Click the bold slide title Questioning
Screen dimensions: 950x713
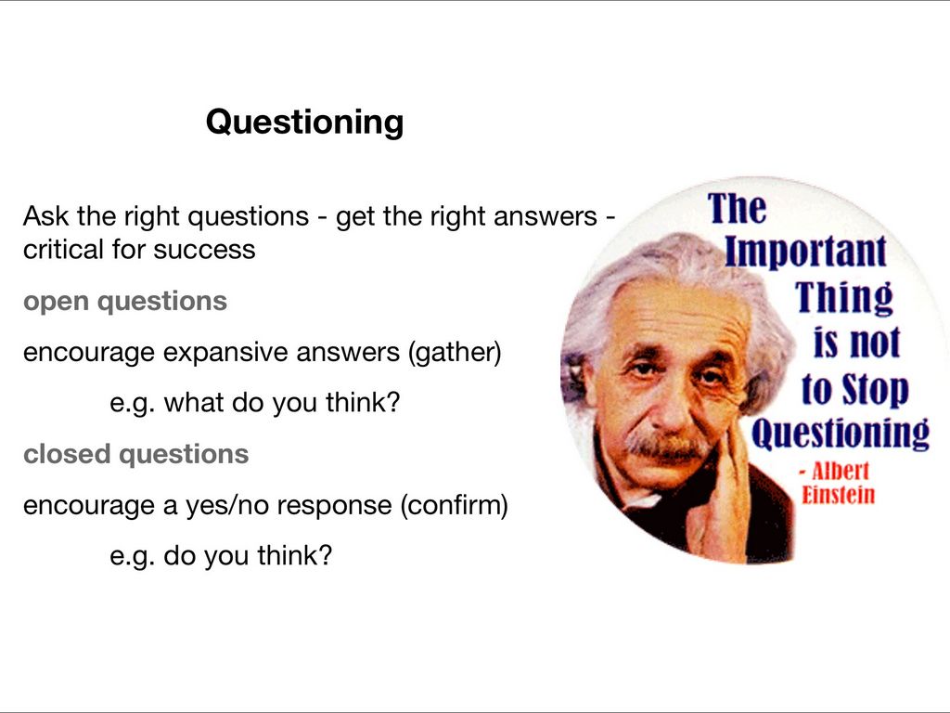click(x=304, y=123)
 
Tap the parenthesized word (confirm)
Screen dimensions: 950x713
click(x=454, y=505)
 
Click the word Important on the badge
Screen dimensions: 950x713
click(x=805, y=253)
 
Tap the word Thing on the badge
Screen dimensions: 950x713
click(x=844, y=298)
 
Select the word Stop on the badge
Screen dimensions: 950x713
click(x=876, y=390)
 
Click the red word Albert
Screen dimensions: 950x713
click(x=841, y=471)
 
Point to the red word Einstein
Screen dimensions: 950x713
click(x=839, y=496)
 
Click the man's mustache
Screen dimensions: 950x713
click(x=666, y=447)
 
